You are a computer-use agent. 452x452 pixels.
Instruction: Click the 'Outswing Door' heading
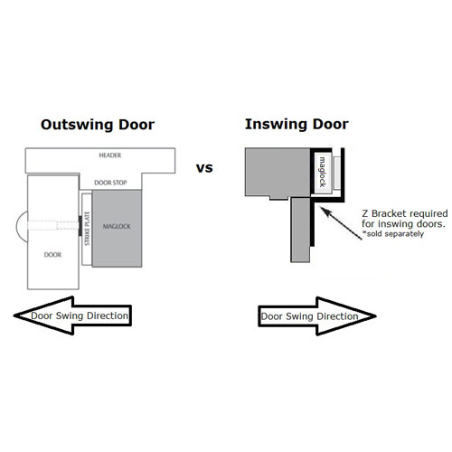tap(98, 125)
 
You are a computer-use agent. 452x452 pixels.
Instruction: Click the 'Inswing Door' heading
tap(297, 125)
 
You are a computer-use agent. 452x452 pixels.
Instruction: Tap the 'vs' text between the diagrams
tap(204, 168)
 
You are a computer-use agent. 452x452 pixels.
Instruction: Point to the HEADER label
tap(110, 155)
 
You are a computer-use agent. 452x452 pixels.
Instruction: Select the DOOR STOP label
tap(110, 183)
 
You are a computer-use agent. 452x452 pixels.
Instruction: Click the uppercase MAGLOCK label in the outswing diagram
tap(117, 226)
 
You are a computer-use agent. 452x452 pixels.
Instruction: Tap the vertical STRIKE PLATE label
tap(87, 229)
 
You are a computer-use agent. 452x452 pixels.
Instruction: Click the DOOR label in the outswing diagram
tap(52, 255)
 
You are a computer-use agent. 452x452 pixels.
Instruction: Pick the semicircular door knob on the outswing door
tap(22, 226)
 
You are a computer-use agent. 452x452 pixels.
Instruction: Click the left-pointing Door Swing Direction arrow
tap(73, 315)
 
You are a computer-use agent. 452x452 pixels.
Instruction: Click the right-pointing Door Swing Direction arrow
tap(317, 316)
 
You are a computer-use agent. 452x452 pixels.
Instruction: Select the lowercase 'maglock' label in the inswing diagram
tap(322, 172)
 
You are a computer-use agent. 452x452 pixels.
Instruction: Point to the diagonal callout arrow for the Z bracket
tap(341, 223)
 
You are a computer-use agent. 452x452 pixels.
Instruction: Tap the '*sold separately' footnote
tap(393, 234)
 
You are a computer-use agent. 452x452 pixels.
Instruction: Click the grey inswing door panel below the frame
tap(300, 230)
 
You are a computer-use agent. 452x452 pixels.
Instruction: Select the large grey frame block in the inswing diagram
tap(278, 173)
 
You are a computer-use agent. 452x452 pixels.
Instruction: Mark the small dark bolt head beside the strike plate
tap(80, 226)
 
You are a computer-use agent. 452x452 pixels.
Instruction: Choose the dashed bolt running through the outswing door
tap(53, 225)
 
